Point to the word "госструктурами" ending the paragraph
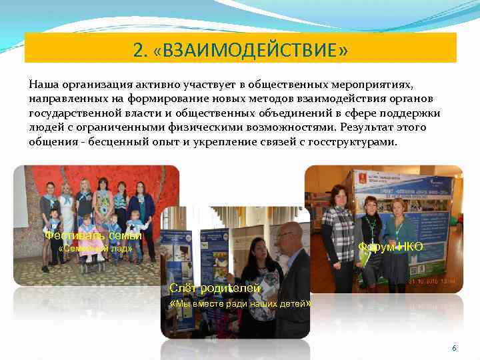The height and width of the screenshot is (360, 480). pos(355,141)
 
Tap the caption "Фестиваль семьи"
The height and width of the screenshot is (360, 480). pos(93,235)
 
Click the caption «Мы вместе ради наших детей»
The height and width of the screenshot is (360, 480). pos(241,303)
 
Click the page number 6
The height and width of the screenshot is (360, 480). pos(454,349)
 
